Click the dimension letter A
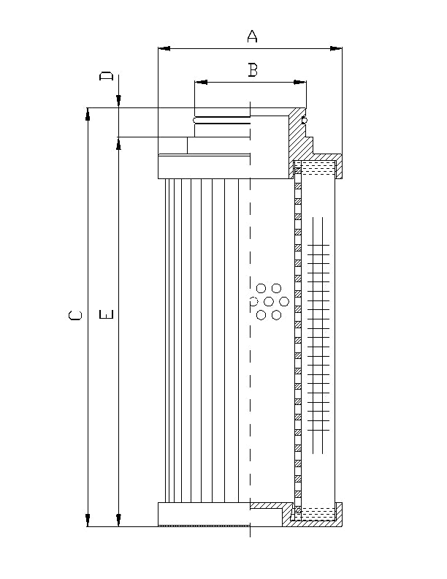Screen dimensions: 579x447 (252, 36)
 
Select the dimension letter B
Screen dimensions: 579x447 (252, 70)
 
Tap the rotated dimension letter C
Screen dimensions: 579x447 (75, 316)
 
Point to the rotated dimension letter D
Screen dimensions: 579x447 (107, 77)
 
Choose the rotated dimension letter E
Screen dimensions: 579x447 (107, 316)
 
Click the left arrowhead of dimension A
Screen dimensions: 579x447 (164, 49)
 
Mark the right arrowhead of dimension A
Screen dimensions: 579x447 (336, 49)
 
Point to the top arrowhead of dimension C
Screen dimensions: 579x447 (88, 114)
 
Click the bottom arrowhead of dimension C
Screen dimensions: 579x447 (88, 520)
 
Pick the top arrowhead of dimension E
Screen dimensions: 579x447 (118, 142)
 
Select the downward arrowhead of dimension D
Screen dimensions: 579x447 (118, 102)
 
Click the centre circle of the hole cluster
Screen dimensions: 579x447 (269, 301)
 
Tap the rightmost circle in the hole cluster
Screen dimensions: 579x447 (284, 301)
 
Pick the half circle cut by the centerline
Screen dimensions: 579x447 (253, 301)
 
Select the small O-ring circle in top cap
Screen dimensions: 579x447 (305, 118)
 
